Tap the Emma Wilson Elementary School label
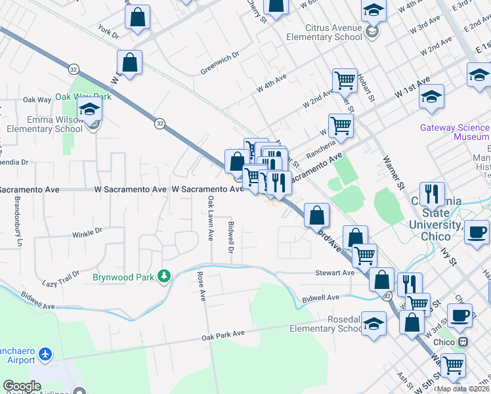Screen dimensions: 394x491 coord(45,124)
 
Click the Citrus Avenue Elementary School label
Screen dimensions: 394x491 coord(324,33)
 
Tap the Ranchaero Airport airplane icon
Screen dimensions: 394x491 coord(45,355)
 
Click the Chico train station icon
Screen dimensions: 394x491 coord(463,342)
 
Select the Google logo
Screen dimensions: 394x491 coord(22,386)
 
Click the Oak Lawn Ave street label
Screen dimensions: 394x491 coord(211,216)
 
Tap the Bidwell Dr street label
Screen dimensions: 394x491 coord(231,238)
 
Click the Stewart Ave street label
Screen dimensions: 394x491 coord(335,273)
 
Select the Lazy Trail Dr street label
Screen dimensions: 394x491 coord(60,278)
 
